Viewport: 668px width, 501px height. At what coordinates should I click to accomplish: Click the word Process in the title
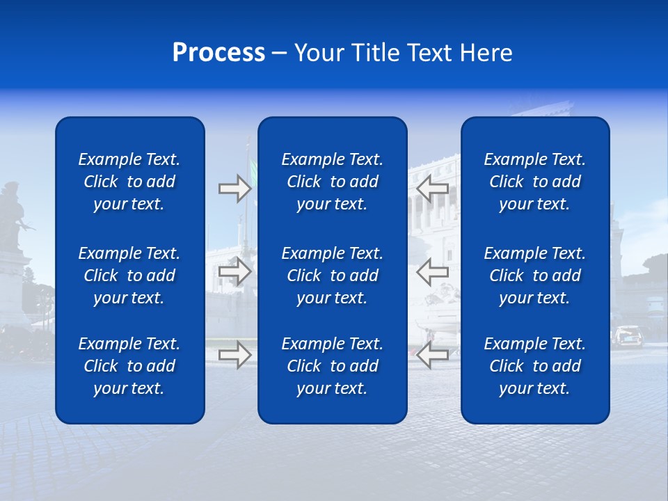218,53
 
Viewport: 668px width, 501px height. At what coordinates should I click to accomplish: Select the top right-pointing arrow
234,189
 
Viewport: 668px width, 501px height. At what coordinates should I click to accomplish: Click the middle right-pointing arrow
234,271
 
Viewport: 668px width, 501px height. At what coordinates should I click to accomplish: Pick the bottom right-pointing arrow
234,355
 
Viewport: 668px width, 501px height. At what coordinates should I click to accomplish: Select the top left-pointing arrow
433,189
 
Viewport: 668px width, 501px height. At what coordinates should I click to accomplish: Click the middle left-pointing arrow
433,271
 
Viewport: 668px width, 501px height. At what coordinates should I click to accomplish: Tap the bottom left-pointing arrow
433,355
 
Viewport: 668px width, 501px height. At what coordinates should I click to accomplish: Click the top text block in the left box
129,182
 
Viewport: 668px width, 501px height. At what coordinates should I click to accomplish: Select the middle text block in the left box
129,276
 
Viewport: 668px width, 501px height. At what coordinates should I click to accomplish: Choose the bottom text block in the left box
129,366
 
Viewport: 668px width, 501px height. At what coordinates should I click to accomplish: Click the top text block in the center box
333,182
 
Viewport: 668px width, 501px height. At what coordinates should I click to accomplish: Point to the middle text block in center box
333,276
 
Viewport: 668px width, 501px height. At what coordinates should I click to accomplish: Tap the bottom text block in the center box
333,366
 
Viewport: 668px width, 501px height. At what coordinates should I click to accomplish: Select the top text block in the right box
535,182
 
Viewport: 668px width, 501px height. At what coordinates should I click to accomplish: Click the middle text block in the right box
535,276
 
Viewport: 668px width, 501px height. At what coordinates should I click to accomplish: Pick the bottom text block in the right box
535,366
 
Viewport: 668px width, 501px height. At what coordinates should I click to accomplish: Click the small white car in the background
628,336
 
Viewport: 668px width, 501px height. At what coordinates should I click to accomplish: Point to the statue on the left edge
13,216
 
